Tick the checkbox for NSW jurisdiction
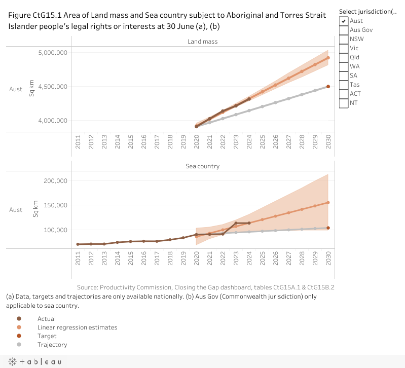click(x=344, y=39)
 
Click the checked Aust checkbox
click(x=344, y=21)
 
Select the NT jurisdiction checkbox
click(x=344, y=103)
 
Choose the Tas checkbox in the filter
click(x=344, y=85)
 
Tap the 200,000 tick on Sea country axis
click(x=56, y=181)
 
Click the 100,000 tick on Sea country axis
click(x=56, y=230)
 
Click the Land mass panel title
click(x=202, y=42)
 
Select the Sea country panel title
click(x=202, y=166)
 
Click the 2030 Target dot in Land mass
click(x=328, y=87)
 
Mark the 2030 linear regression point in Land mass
click(x=328, y=58)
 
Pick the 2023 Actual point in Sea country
click(x=236, y=223)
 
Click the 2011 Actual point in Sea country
click(x=78, y=244)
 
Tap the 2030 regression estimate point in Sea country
click(x=328, y=203)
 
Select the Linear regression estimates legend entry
click(x=77, y=327)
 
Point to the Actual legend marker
click(x=19, y=319)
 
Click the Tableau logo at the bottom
click(x=35, y=361)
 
